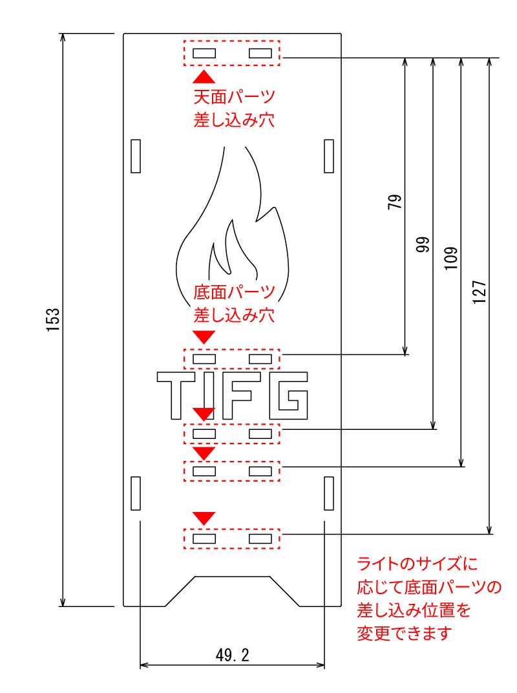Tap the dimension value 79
(395, 202)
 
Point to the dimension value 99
(423, 244)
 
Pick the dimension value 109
(452, 257)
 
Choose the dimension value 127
(480, 292)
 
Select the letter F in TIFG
(247, 394)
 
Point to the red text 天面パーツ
(235, 98)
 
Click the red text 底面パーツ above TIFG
(235, 292)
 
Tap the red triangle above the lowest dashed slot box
(204, 518)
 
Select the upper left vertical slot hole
(136, 156)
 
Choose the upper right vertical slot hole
(329, 156)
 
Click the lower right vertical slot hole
(329, 493)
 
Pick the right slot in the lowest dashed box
(260, 538)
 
